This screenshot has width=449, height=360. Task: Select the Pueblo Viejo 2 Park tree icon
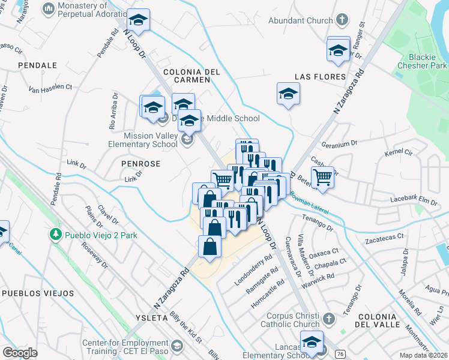(x=56, y=233)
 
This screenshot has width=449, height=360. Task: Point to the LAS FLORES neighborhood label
(x=320, y=77)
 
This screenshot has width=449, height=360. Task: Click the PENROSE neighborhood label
(x=140, y=163)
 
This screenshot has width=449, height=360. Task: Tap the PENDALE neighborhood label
(x=37, y=65)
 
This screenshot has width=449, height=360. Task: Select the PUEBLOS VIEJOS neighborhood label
(x=38, y=293)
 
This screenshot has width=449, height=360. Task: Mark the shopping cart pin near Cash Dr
(x=322, y=178)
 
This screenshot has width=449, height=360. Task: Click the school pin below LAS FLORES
(x=288, y=94)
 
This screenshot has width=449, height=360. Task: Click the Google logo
(x=20, y=352)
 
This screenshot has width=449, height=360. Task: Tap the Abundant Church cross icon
(x=342, y=20)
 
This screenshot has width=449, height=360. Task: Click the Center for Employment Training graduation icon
(x=177, y=346)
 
